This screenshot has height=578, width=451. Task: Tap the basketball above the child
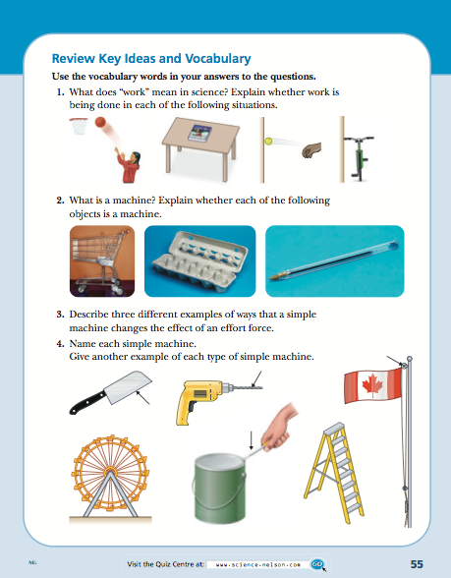[101, 123]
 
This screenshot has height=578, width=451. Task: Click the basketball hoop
[78, 125]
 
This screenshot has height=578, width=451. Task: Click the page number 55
[417, 563]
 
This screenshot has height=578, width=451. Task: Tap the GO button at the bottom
[317, 564]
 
